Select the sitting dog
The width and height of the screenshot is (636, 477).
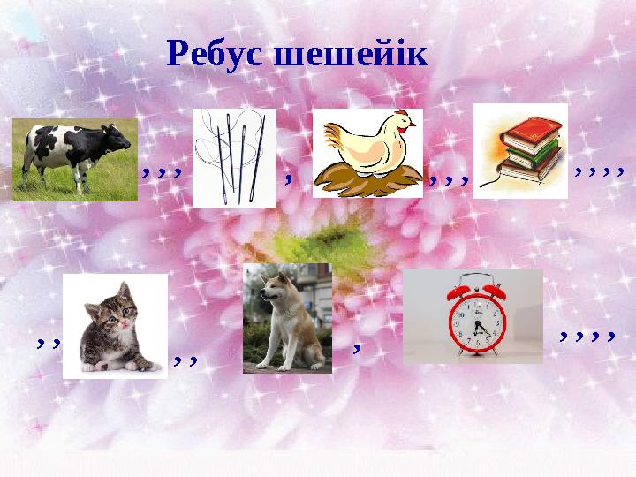(287, 318)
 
